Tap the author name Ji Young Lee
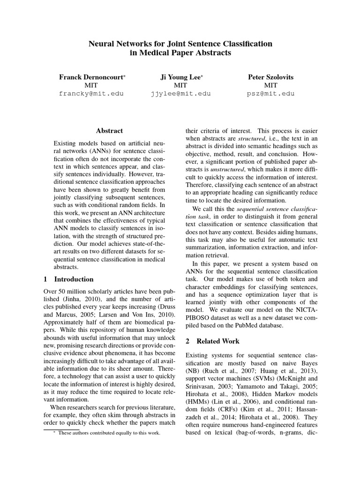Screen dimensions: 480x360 point(180,76)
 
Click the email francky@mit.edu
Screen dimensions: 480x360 point(91,93)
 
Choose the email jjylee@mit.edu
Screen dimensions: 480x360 point(180,93)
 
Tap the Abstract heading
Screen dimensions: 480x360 point(109,131)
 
